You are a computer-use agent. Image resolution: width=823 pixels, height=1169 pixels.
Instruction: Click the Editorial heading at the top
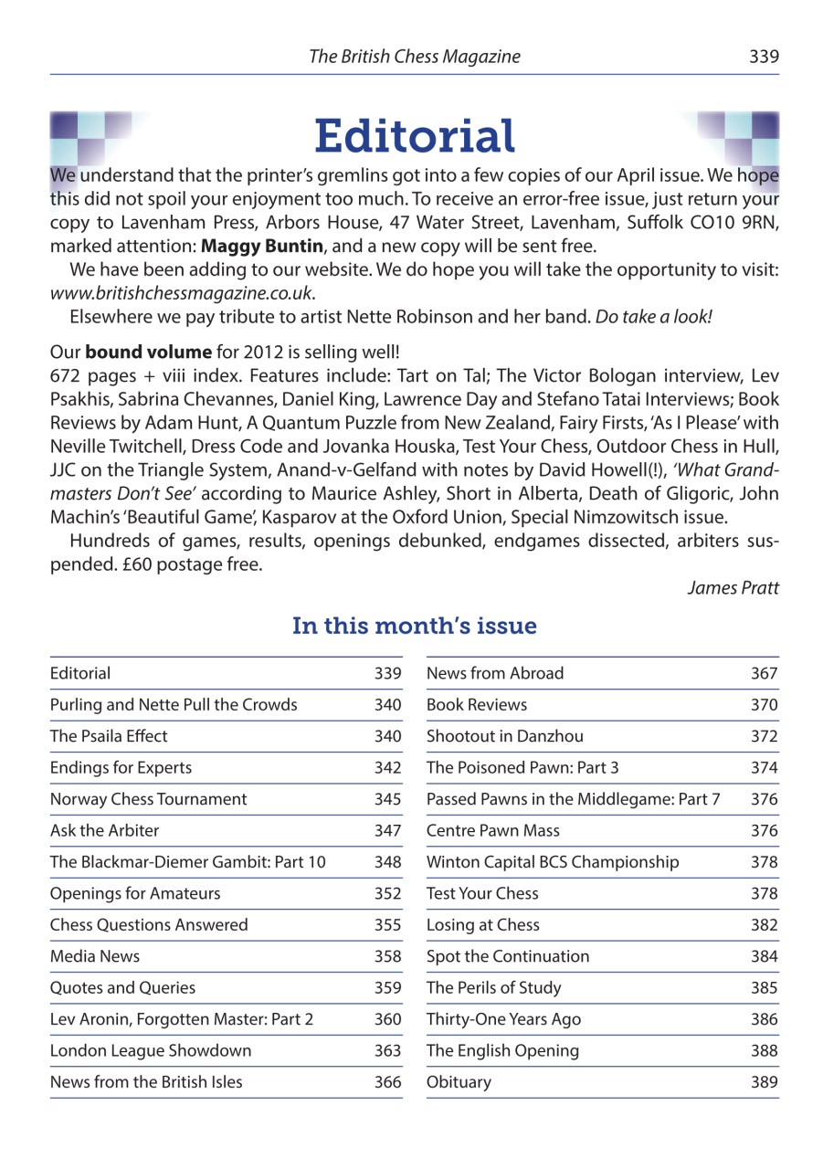pyautogui.click(x=415, y=137)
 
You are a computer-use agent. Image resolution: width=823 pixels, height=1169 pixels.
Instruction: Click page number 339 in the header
pyautogui.click(x=764, y=57)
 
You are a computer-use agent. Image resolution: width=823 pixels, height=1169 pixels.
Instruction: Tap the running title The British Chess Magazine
pyautogui.click(x=415, y=57)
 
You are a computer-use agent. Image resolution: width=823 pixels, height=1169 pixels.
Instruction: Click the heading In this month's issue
pyautogui.click(x=414, y=627)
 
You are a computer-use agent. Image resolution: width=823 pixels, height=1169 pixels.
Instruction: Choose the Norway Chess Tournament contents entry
pyautogui.click(x=149, y=799)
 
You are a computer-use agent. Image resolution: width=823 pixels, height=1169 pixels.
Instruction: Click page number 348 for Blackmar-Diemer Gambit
pyautogui.click(x=388, y=861)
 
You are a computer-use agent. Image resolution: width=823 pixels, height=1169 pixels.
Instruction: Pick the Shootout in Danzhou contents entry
pyautogui.click(x=505, y=736)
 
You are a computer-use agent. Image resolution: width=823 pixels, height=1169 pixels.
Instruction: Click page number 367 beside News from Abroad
pyautogui.click(x=764, y=674)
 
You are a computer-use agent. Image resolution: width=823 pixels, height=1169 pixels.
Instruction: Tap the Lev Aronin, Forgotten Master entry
pyautogui.click(x=182, y=1019)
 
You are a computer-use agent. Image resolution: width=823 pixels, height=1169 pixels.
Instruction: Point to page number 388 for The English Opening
pyautogui.click(x=764, y=1050)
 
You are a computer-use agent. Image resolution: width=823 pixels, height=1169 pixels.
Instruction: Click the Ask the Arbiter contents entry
pyautogui.click(x=105, y=830)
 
